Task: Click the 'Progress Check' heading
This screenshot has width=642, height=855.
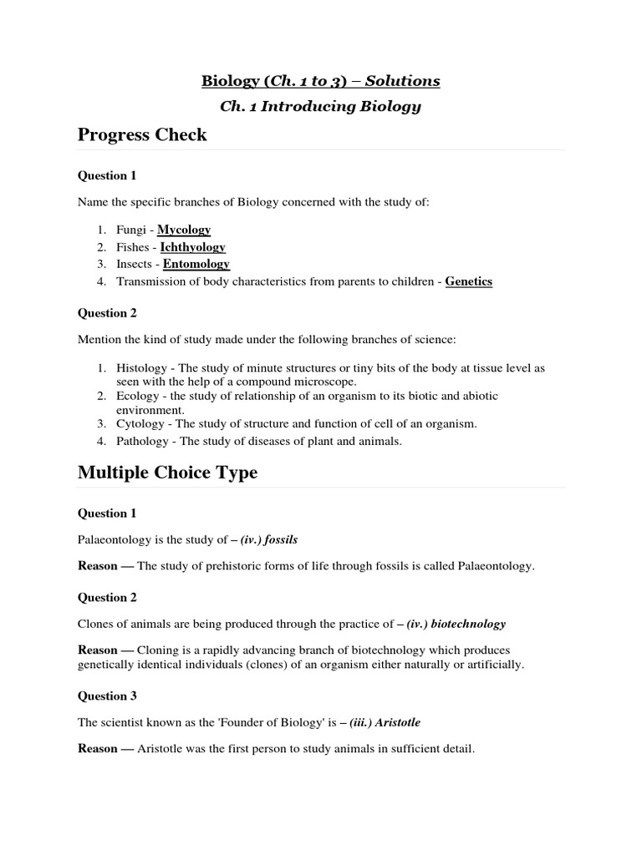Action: click(142, 134)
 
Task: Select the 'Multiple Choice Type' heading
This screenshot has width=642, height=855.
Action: click(167, 473)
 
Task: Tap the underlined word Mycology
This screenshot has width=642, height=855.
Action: click(184, 230)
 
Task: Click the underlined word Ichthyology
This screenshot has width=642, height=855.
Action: click(193, 247)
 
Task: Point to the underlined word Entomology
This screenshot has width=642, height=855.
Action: click(196, 264)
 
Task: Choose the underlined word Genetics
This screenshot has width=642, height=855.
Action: click(468, 281)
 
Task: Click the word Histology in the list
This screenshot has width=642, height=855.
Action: click(140, 367)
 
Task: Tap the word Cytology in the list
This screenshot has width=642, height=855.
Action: click(139, 423)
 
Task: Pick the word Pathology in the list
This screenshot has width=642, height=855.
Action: click(141, 441)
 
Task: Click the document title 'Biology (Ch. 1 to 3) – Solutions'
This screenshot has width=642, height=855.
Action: click(320, 80)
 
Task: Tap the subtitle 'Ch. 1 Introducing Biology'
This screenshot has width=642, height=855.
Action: click(320, 106)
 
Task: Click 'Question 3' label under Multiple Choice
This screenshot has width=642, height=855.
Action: click(107, 696)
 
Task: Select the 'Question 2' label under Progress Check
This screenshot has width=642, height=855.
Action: click(107, 313)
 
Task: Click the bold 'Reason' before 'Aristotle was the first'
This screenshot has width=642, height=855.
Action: click(98, 749)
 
